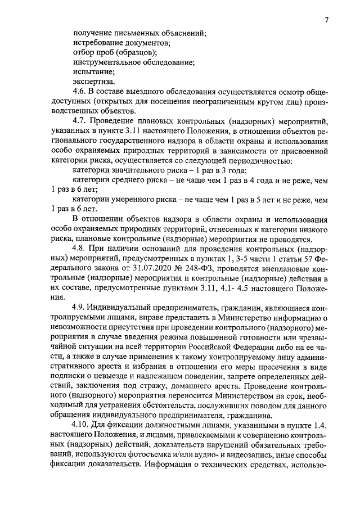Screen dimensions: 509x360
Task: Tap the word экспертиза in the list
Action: coord(92,81)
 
